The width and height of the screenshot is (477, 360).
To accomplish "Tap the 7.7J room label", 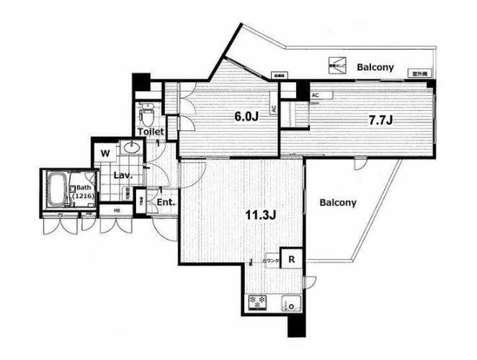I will click(380, 120).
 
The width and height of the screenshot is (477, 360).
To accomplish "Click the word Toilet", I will click(153, 132).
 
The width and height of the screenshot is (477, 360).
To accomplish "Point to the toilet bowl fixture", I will click(148, 113).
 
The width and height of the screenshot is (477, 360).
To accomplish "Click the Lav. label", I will click(120, 175).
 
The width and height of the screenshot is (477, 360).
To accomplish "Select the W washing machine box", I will click(105, 153).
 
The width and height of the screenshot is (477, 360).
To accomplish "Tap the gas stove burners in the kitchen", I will click(258, 303).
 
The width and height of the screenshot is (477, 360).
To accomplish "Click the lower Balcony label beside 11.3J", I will click(338, 203).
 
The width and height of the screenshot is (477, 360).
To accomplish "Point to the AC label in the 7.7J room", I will click(315, 94).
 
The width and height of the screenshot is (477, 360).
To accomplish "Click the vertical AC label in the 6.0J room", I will click(274, 109).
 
